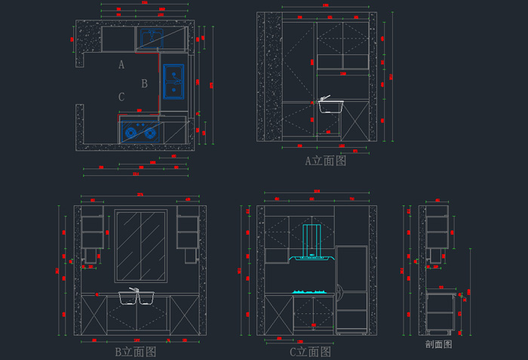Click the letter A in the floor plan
tap(121, 65)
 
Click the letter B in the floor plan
tap(144, 84)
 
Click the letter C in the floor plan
tap(121, 97)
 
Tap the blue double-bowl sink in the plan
tap(173, 81)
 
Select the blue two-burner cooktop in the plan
tap(140, 133)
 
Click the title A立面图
tap(325, 161)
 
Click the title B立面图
tap(136, 351)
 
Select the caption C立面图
tap(310, 351)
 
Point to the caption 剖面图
tap(438, 343)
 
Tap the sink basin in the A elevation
tap(330, 106)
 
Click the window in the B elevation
tap(140, 246)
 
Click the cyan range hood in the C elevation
tap(312, 245)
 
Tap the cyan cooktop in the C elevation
tap(312, 291)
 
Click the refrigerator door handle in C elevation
tap(339, 288)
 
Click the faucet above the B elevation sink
tap(134, 289)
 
